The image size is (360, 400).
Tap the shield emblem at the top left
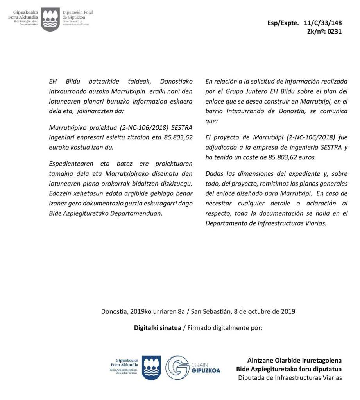tap(50, 19)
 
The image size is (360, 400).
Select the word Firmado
tap(200, 327)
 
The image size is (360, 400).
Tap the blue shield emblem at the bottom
tap(151, 367)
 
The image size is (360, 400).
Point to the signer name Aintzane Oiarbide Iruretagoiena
tap(294, 360)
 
